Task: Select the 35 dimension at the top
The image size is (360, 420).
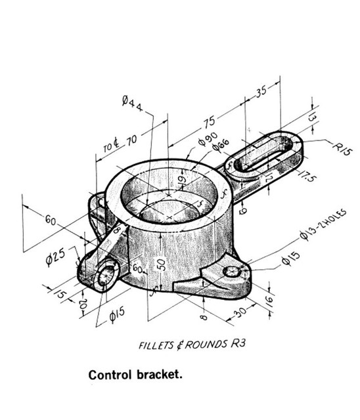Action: [262, 91]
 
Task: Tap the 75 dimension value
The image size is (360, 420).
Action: [209, 122]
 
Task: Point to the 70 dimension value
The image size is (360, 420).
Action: [131, 139]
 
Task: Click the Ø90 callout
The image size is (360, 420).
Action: [208, 140]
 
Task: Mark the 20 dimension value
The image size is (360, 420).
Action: [82, 304]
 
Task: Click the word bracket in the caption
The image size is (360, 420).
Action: [158, 376]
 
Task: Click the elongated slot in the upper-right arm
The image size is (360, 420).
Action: [261, 156]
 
